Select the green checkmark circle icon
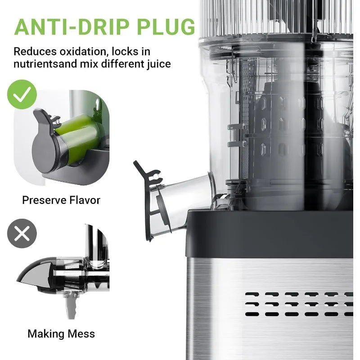tap(22, 94)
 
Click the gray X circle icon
tap(22, 234)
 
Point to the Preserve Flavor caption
tap(61, 200)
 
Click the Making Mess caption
tap(61, 333)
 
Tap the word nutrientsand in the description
tap(47, 63)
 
